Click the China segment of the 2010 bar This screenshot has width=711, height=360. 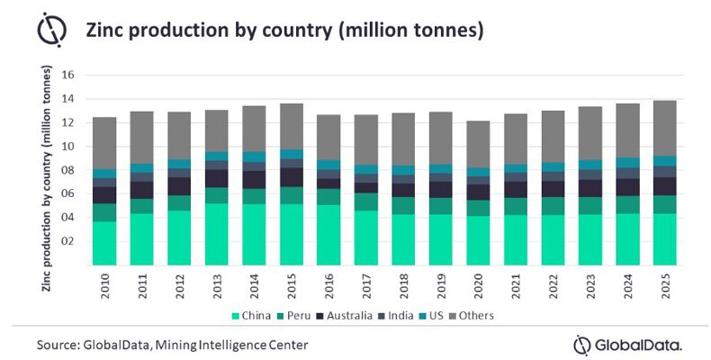click(x=104, y=243)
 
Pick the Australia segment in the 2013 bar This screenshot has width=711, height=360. click(x=217, y=178)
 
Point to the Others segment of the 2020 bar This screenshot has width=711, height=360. click(x=479, y=144)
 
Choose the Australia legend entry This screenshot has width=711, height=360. click(x=347, y=316)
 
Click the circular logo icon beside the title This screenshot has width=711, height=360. click(x=50, y=30)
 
